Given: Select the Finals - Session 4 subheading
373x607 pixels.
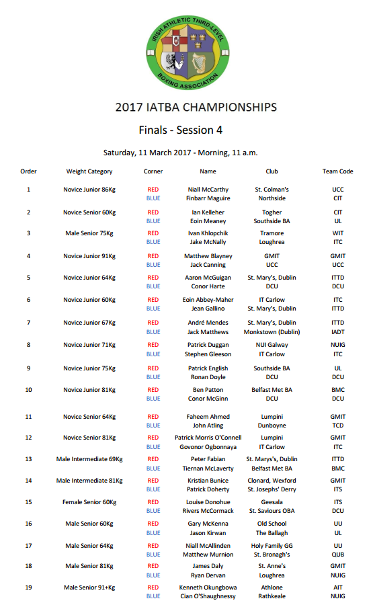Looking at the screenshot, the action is [180, 130].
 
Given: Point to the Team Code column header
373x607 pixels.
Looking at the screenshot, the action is [337, 171].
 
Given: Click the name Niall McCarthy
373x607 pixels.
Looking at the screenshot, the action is [208, 190].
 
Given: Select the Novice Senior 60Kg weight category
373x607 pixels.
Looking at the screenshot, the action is [89, 212].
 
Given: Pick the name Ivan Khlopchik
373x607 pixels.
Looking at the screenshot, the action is [208, 233].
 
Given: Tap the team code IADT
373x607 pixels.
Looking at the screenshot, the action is [337, 332].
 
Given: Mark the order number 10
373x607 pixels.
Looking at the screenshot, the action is [28, 390].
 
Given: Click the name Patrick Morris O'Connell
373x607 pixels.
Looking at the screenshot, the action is [208, 438].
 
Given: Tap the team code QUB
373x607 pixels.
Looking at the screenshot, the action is [337, 555].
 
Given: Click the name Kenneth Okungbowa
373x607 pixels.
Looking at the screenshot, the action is [208, 588].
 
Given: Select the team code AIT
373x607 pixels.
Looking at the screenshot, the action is [337, 588].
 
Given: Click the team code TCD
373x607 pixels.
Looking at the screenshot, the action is [337, 426].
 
